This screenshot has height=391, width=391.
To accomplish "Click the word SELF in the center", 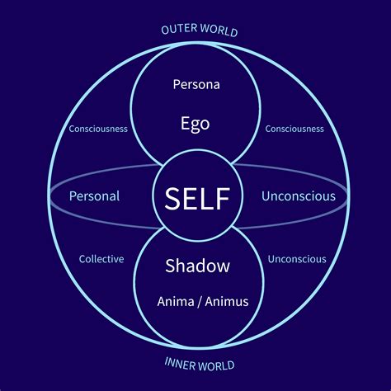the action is [x=197, y=199].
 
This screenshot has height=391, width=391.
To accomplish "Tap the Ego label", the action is [x=195, y=125].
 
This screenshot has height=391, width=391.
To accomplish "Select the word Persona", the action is [x=196, y=84].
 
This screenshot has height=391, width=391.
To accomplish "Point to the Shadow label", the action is [x=197, y=266].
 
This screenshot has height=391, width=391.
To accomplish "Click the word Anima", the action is [x=176, y=302].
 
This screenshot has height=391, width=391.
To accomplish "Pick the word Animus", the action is [x=227, y=302].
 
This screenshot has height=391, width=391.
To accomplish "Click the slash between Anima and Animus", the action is [x=200, y=302].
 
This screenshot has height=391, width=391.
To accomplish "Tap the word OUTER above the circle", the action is [x=179, y=29].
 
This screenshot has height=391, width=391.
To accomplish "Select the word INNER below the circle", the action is [x=180, y=363].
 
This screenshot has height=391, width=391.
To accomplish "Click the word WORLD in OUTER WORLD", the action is [x=219, y=30].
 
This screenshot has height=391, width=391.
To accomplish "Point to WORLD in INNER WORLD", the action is [x=216, y=365].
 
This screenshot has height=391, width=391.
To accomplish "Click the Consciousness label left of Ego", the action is [x=98, y=129].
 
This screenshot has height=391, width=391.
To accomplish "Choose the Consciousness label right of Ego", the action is [x=294, y=129].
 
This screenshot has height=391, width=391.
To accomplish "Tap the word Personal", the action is [x=94, y=196].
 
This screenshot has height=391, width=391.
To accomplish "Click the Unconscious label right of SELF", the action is [x=299, y=196].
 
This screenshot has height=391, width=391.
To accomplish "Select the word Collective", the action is [x=101, y=259].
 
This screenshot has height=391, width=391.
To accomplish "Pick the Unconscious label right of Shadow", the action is [x=297, y=259].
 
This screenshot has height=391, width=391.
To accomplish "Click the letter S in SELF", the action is [x=172, y=199].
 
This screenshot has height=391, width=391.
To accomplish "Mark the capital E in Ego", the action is [x=185, y=123].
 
